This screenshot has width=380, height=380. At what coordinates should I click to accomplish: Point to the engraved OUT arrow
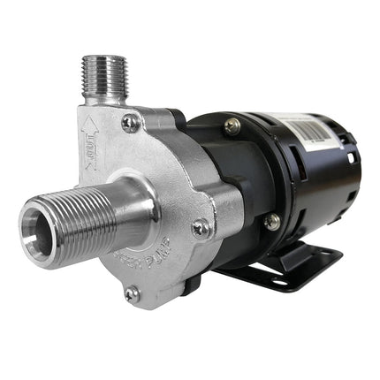89,138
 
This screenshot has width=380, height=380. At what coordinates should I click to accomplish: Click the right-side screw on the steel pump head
201,227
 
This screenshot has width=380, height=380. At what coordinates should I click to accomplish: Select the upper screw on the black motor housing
232,127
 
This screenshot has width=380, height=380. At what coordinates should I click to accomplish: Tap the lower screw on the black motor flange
273,221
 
